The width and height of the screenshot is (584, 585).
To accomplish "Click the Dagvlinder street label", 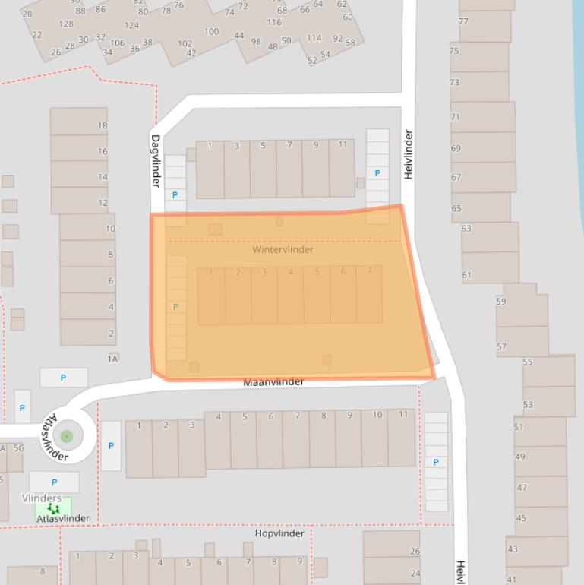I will [156, 162].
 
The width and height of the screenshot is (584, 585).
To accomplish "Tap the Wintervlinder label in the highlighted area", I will [283, 249].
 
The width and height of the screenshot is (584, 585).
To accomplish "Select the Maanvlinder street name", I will [273, 381].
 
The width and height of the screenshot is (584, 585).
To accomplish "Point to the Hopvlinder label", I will [279, 533].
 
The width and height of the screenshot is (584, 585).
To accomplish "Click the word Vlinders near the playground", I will [42, 498].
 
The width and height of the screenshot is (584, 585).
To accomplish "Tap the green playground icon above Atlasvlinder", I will [53, 508].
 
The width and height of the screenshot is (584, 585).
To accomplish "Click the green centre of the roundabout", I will [67, 436].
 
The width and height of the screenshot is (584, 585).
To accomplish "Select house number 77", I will [463, 21].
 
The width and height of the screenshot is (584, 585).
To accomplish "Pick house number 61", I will [466, 275].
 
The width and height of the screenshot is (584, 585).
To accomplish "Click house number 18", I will [103, 125].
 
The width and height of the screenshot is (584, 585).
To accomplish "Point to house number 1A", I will [113, 358].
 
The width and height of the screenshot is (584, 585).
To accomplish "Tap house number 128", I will [66, 24].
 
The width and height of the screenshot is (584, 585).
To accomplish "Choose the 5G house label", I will [19, 448].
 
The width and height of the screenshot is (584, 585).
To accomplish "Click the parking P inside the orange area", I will [175, 307].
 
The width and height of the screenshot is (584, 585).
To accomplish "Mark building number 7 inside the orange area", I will [370, 270].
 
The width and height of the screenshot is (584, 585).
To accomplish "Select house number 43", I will [513, 549].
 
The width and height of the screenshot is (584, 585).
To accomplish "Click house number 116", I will [274, 22].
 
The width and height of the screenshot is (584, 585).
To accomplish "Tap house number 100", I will [211, 32].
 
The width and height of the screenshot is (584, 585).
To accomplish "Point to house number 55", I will [528, 362].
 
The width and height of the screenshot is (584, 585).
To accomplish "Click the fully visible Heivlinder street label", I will [409, 155].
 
